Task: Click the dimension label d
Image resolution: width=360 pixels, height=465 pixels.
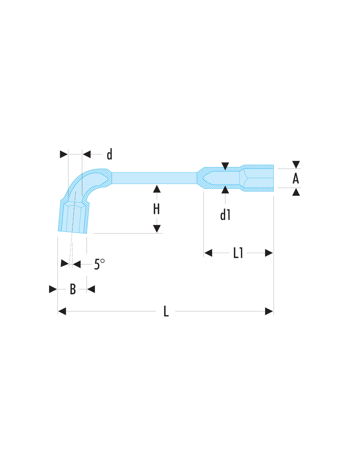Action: pos(109,154)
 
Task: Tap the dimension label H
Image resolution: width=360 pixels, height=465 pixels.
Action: pos(156,209)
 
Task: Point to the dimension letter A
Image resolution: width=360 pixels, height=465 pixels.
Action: pos(296,179)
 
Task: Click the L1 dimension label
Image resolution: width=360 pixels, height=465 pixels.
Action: pos(238,253)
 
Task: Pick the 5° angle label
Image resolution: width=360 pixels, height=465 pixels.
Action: pos(99,264)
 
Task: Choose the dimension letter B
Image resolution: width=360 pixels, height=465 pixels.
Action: pos(73,289)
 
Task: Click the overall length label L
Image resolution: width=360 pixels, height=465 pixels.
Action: pos(166,311)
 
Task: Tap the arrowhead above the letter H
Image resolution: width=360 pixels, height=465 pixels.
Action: pos(157,189)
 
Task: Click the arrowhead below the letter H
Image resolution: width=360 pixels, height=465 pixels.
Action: pos(157,229)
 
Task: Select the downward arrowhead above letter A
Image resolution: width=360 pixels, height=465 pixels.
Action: pos(296,164)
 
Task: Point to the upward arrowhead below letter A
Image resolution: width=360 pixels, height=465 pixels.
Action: pos(296,192)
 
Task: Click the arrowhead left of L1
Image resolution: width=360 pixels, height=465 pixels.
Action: pos(208,253)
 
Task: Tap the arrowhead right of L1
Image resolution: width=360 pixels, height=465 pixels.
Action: pos(269,253)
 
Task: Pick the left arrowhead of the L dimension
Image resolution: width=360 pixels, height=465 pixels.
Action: pos(62,311)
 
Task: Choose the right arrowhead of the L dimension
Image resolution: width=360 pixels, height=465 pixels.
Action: pos(269,311)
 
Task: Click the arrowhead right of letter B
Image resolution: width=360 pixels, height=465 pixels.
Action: pos(91,289)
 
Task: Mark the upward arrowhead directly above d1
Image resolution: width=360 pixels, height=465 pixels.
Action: pos(225,190)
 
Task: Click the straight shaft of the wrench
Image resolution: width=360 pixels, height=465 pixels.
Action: pos(154,178)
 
